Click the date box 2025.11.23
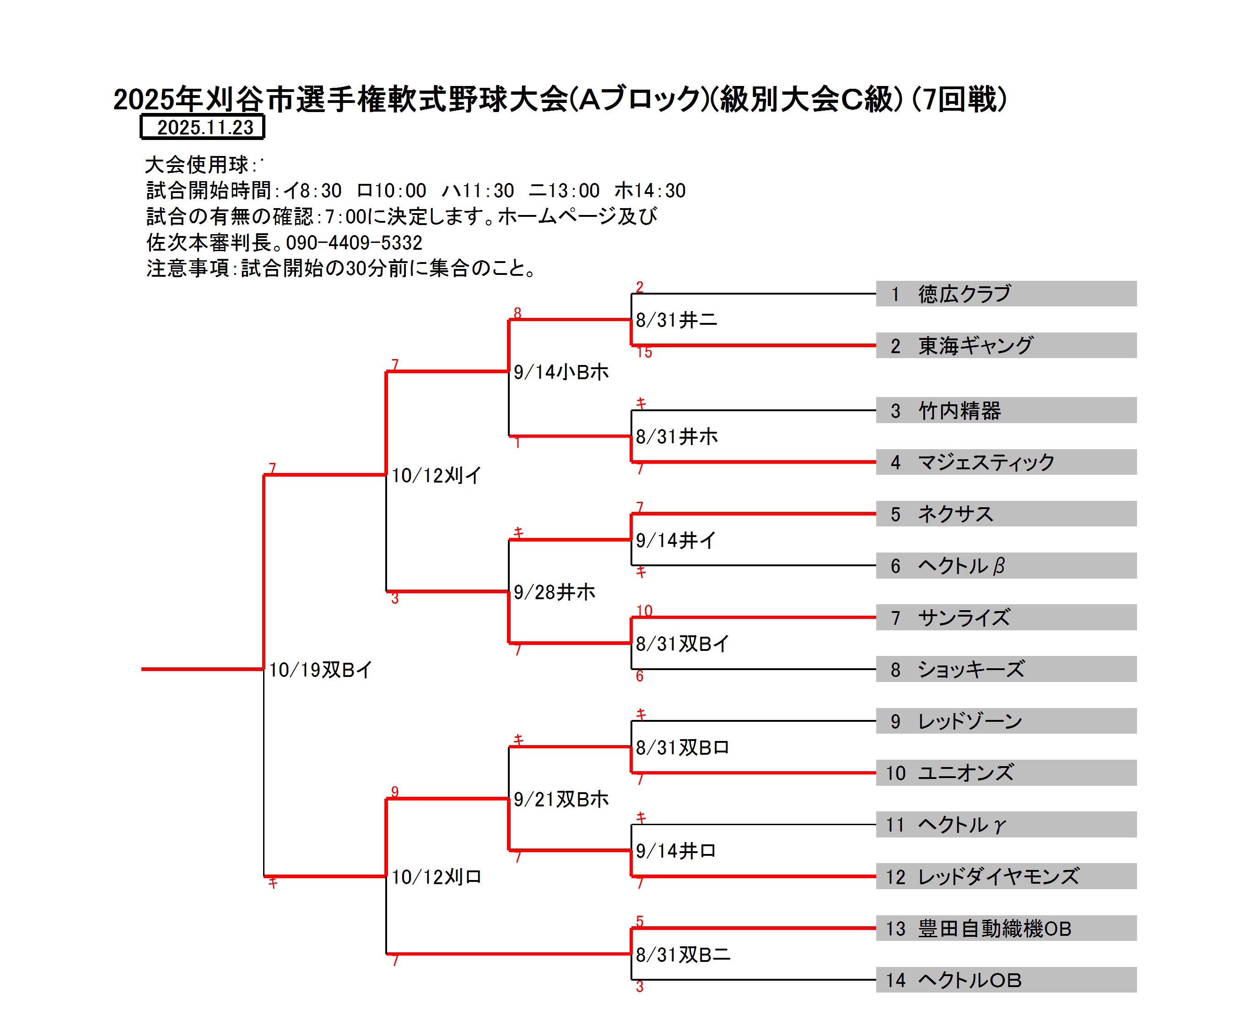(203, 127)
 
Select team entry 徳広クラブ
(964, 294)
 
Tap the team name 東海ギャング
(975, 345)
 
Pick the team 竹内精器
(959, 411)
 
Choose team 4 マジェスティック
(986, 462)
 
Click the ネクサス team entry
(955, 514)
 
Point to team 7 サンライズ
(964, 617)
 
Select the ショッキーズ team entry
(970, 669)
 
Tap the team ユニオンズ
(966, 773)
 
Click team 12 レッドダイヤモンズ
(998, 877)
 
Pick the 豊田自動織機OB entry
(995, 929)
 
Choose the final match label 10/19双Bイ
(320, 670)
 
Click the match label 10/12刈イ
(436, 475)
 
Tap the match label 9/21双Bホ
(561, 799)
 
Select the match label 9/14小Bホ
(561, 372)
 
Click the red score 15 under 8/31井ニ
(644, 353)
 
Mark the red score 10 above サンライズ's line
(644, 611)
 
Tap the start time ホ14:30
(650, 190)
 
